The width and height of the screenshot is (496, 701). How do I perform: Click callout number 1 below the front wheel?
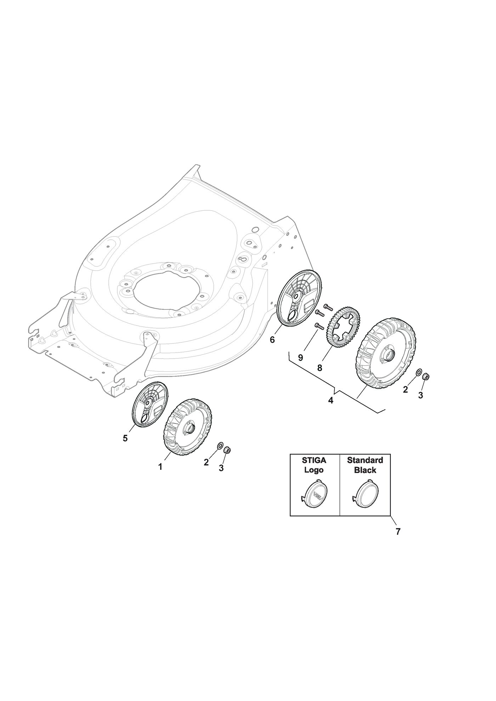(x=160, y=467)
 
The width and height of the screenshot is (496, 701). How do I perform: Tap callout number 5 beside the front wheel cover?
(x=125, y=438)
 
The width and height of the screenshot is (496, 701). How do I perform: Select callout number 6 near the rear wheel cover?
(x=272, y=340)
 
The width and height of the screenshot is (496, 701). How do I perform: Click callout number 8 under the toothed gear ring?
(x=320, y=368)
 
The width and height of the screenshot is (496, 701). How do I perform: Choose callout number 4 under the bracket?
(x=331, y=400)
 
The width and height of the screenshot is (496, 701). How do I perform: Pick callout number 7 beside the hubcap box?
(x=398, y=541)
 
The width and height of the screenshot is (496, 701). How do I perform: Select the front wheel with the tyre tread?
(x=188, y=427)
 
